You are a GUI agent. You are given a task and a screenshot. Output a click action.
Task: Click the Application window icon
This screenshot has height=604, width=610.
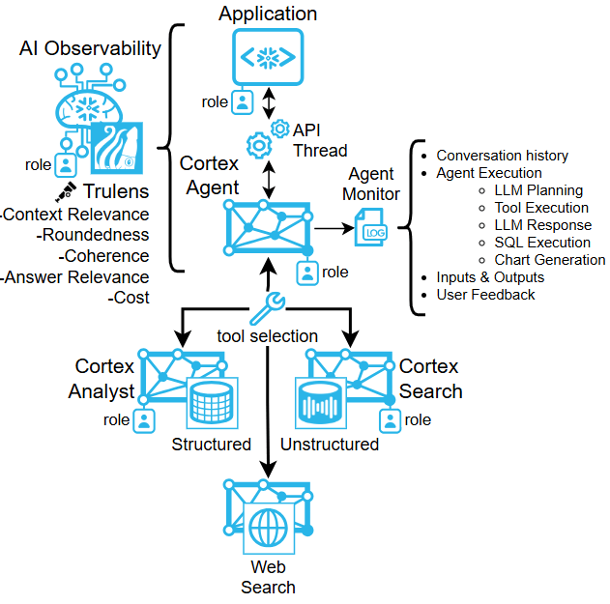[268, 58]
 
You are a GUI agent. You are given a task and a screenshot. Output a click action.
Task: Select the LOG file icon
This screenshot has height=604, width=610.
[370, 229]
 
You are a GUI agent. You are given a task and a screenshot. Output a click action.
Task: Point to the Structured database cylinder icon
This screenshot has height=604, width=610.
[211, 404]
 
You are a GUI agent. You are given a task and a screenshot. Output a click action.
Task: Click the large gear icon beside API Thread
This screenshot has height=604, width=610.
[258, 146]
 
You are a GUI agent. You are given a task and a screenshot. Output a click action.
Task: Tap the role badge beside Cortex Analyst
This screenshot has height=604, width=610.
[143, 420]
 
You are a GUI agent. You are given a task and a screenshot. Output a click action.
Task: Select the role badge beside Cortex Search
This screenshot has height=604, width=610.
[391, 420]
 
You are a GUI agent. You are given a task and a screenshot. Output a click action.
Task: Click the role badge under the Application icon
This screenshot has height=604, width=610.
[243, 101]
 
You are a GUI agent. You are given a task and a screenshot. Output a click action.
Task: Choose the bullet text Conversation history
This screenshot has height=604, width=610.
[502, 156]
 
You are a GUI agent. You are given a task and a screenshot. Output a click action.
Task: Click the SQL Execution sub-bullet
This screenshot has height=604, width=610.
[541, 243]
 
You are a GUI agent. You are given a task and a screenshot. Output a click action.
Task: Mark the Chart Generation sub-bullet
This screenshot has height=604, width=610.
[549, 260]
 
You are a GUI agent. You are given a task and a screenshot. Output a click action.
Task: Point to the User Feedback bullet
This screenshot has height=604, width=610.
[485, 295]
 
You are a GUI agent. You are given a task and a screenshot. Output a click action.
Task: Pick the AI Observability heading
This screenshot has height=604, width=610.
[90, 48]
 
